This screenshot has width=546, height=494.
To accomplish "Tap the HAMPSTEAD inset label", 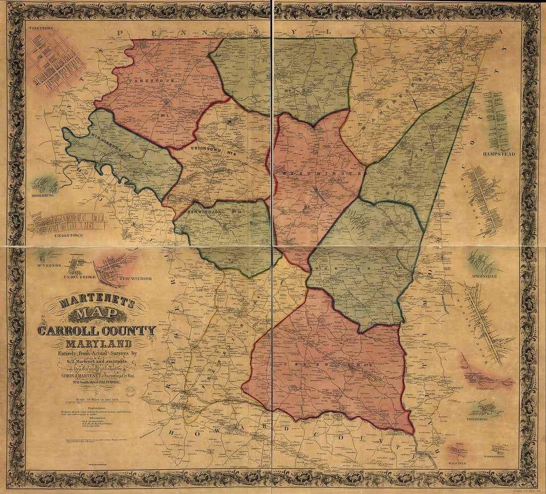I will pos(499,154).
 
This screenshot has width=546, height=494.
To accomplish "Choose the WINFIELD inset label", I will pos(458,461).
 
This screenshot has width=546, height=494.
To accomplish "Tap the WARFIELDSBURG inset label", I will pos(495,456).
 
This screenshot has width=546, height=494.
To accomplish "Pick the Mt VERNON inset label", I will pos(48,265).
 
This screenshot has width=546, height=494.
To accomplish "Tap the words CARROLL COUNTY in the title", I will pos(97,331).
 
